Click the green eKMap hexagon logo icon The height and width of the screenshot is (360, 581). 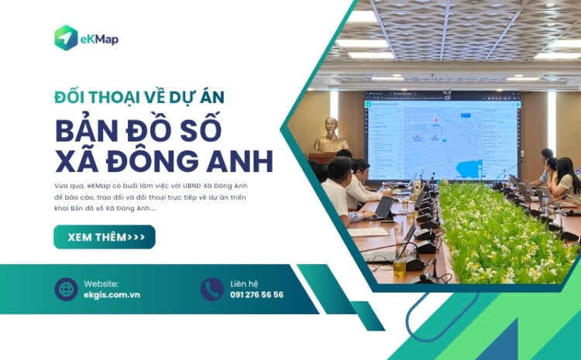66,38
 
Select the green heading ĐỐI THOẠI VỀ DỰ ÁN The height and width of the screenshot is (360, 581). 139,97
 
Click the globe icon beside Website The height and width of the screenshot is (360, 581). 66,289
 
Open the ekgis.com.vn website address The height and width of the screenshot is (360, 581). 112,295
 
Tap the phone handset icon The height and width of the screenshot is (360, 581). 211,289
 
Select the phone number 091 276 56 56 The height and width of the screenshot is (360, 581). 256,295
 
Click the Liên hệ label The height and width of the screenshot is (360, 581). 244,283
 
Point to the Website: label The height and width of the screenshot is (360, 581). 101,283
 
